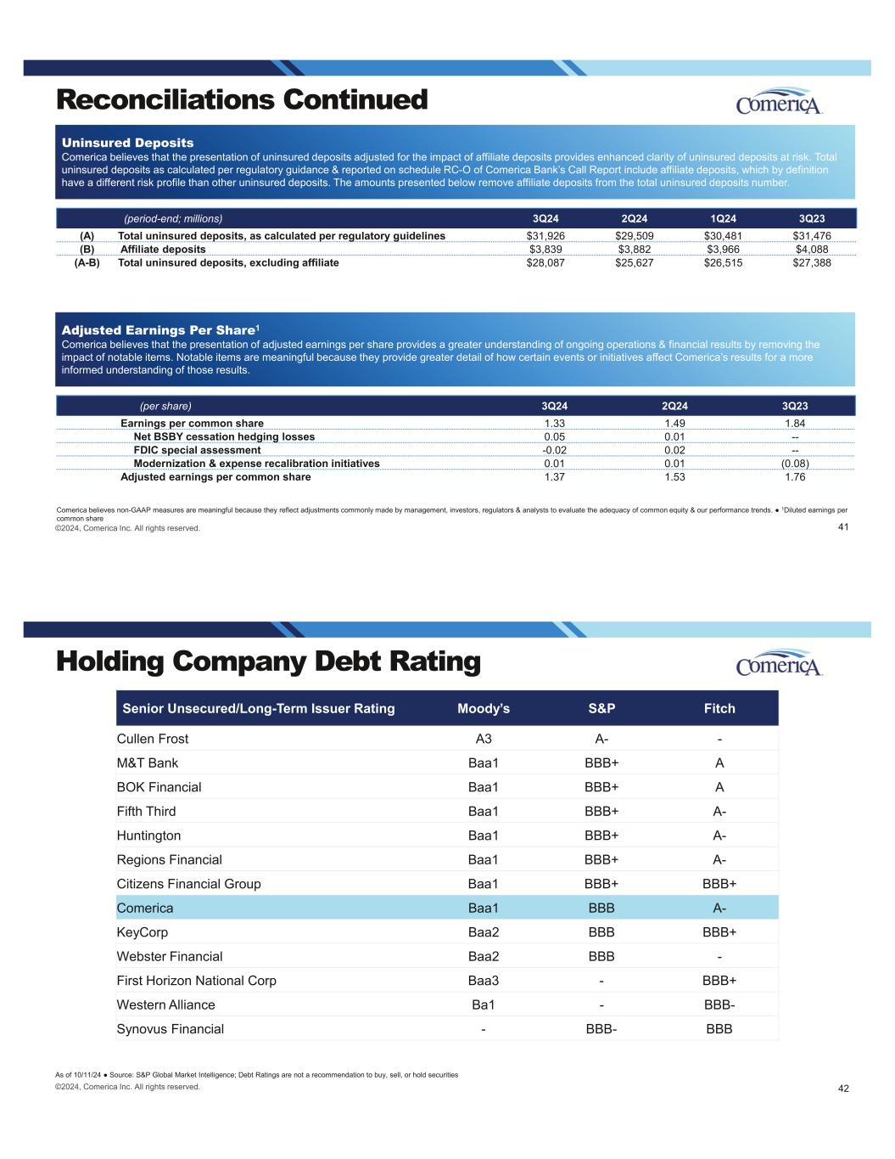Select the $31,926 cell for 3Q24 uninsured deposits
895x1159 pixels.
pos(545,236)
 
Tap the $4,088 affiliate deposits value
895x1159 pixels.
pos(811,250)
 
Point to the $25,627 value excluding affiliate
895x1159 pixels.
pos(634,263)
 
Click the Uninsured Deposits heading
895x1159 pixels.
pos(127,143)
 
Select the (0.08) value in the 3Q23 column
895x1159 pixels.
pos(794,464)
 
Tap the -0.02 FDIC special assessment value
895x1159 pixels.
pos(554,450)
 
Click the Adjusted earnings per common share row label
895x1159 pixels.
pos(215,477)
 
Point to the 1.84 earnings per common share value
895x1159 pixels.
pos(794,423)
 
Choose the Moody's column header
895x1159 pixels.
pos(484,708)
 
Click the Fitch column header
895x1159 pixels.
pos(719,708)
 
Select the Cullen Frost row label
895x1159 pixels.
pos(153,739)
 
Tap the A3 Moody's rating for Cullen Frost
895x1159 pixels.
pos(484,739)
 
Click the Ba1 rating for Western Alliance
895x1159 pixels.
pos(484,1005)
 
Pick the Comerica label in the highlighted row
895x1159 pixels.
pos(145,909)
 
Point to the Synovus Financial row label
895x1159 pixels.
pos(171,1029)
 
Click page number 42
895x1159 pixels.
pos(843,1089)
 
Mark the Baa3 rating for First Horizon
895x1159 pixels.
pos(484,981)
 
